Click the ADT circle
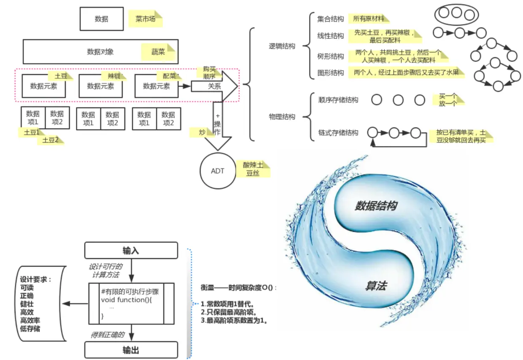218,171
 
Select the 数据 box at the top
102,19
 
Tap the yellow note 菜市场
146,19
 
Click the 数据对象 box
100,52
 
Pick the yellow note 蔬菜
159,52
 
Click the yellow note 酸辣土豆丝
253,168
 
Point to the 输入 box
131,250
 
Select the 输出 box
131,350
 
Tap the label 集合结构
331,19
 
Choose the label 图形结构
331,73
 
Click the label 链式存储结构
338,133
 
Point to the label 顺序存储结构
338,100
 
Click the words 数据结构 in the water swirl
376,206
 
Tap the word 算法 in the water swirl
376,287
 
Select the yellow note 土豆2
51,140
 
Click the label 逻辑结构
282,46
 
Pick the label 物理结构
282,117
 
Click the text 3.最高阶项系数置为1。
234,320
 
